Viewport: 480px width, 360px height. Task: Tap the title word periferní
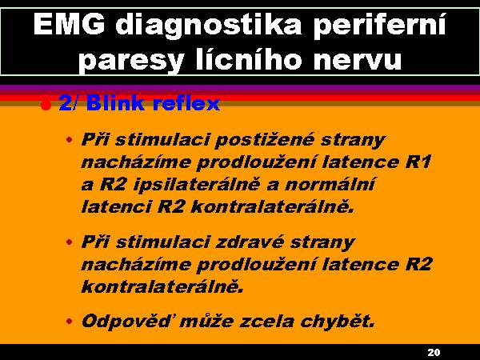pyautogui.click(x=379, y=26)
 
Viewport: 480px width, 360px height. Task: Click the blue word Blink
pyautogui.click(x=115, y=102)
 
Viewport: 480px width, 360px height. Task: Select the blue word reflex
pyautogui.click(x=186, y=102)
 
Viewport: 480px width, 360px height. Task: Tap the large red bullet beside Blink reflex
pyautogui.click(x=46, y=106)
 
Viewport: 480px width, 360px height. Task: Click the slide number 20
pyautogui.click(x=434, y=352)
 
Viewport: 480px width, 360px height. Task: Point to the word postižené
pyautogui.click(x=265, y=141)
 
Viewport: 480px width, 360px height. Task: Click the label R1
pyautogui.click(x=418, y=162)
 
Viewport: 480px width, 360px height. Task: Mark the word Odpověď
pyautogui.click(x=126, y=321)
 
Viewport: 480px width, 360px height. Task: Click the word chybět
pyautogui.click(x=338, y=322)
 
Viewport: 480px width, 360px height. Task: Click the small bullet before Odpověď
pyautogui.click(x=70, y=322)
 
